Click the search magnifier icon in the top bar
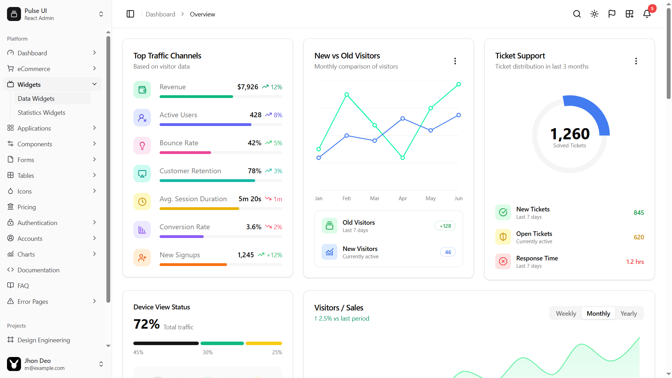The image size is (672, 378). pos(577,14)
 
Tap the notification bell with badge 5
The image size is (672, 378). pos(647,14)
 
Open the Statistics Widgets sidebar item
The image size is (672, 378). pos(41,113)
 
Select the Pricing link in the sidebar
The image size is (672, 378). pos(27,207)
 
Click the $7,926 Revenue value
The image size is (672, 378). pos(247,87)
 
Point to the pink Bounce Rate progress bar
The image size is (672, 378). pos(185,153)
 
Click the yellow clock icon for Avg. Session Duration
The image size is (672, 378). pos(142,202)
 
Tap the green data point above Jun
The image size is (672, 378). pos(458,84)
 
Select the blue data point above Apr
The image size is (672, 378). pos(402,119)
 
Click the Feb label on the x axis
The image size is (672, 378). pos(346,198)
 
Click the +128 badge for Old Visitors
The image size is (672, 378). pos(445,226)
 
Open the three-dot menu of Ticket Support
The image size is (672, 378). pos(636,61)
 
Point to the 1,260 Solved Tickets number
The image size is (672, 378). pos(569,134)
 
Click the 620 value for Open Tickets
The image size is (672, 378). pos(638,237)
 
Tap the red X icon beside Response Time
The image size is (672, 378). pos(503,261)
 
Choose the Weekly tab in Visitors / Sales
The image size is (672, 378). pos(566,314)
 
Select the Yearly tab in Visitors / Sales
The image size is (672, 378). pos(628,314)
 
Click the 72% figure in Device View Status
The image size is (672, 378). pos(146,324)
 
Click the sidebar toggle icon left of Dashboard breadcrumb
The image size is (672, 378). pos(130,14)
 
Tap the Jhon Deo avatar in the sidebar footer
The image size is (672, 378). pos(14,364)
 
